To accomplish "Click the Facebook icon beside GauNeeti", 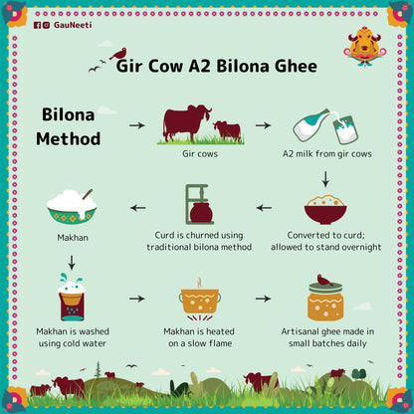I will click(37, 25).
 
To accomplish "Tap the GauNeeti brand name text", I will click(72, 25).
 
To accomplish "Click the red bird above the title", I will click(119, 52).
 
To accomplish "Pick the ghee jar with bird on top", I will click(325, 298).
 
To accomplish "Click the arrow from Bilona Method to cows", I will click(137, 126).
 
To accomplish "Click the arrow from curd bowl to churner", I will click(263, 209).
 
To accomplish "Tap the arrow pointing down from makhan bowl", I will click(71, 264).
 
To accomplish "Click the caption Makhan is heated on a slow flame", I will click(199, 337).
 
